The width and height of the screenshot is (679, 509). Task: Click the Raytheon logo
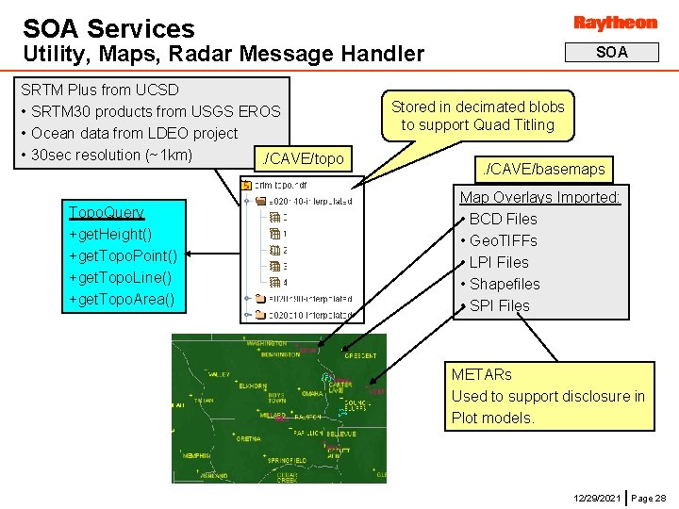coord(615,23)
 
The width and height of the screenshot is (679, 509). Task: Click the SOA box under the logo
coord(612,53)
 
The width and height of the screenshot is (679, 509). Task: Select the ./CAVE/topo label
coord(303,158)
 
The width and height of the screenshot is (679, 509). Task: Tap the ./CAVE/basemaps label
coord(543,170)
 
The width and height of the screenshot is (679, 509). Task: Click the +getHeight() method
coord(110,234)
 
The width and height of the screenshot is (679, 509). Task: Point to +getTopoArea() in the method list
coord(122,299)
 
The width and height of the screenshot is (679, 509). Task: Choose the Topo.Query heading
coord(106,212)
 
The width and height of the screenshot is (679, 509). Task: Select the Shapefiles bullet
coord(505,284)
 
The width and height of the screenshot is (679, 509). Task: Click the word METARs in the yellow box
coord(481,374)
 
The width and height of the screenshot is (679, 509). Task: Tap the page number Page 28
coord(648,497)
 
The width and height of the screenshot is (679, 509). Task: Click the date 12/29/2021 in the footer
coord(597,497)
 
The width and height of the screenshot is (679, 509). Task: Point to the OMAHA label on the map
coord(312,393)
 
